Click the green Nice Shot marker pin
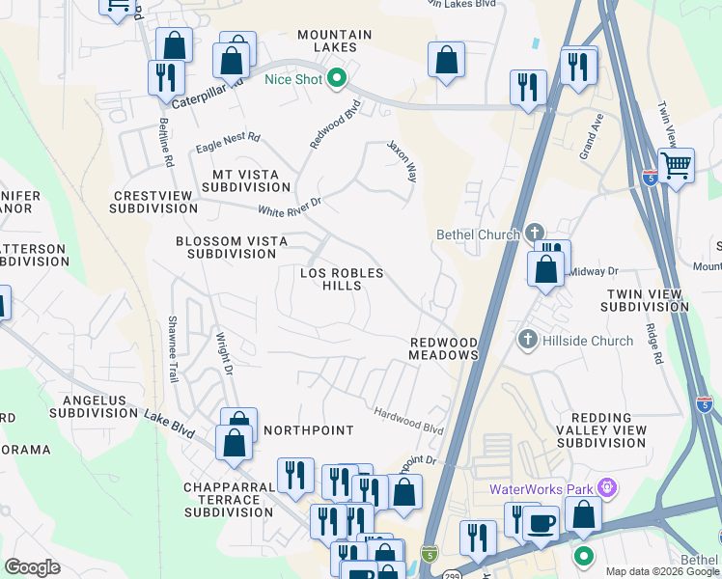(337, 79)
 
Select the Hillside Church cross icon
(527, 340)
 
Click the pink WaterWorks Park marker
(606, 489)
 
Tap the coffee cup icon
(541, 523)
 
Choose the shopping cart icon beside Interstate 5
(677, 165)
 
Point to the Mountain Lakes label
(334, 41)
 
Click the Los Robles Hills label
(342, 280)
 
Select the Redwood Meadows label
(444, 348)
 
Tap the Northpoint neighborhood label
(308, 429)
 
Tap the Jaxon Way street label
(402, 160)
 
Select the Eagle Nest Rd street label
(227, 143)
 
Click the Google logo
(32, 566)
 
